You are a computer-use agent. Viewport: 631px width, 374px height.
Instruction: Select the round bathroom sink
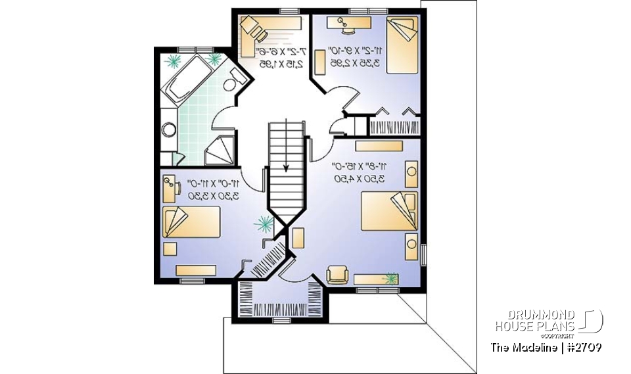point(169,129)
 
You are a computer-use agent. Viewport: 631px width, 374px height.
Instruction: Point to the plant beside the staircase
point(264,224)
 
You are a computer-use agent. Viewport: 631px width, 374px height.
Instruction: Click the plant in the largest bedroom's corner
point(392,279)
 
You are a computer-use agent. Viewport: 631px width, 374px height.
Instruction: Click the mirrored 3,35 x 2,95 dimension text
point(354,57)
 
